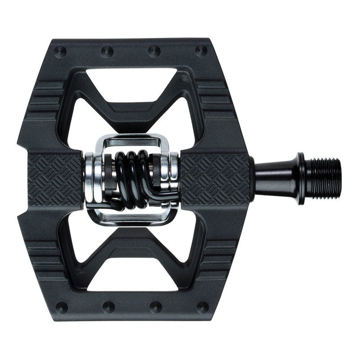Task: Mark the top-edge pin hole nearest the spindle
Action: pyautogui.click(x=202, y=51)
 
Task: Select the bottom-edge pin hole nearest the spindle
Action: pyautogui.click(x=202, y=308)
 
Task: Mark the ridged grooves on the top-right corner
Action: pyautogui.click(x=218, y=97)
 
